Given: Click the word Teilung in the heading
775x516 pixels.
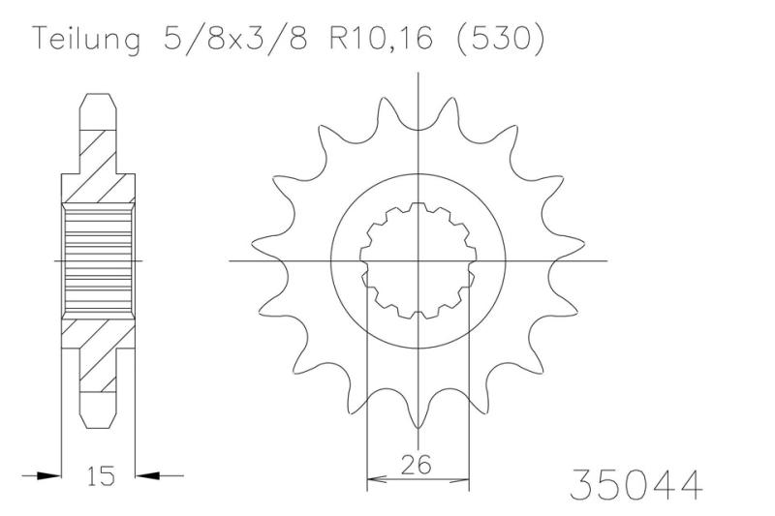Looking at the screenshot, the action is (86, 39).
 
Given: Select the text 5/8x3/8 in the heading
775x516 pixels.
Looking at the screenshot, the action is (235, 38).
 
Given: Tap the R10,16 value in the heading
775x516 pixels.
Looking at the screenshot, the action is (382, 38).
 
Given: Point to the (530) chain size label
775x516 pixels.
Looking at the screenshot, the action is (499, 38).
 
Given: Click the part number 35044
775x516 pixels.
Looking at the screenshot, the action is (636, 484).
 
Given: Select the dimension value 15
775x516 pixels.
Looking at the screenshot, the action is (102, 475).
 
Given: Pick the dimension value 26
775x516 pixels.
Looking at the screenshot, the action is (416, 464).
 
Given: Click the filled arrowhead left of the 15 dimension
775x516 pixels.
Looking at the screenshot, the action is (48, 476).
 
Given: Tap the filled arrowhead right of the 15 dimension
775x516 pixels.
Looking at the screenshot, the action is (147, 476).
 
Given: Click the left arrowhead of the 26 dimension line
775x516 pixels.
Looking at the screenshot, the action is (376, 478).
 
